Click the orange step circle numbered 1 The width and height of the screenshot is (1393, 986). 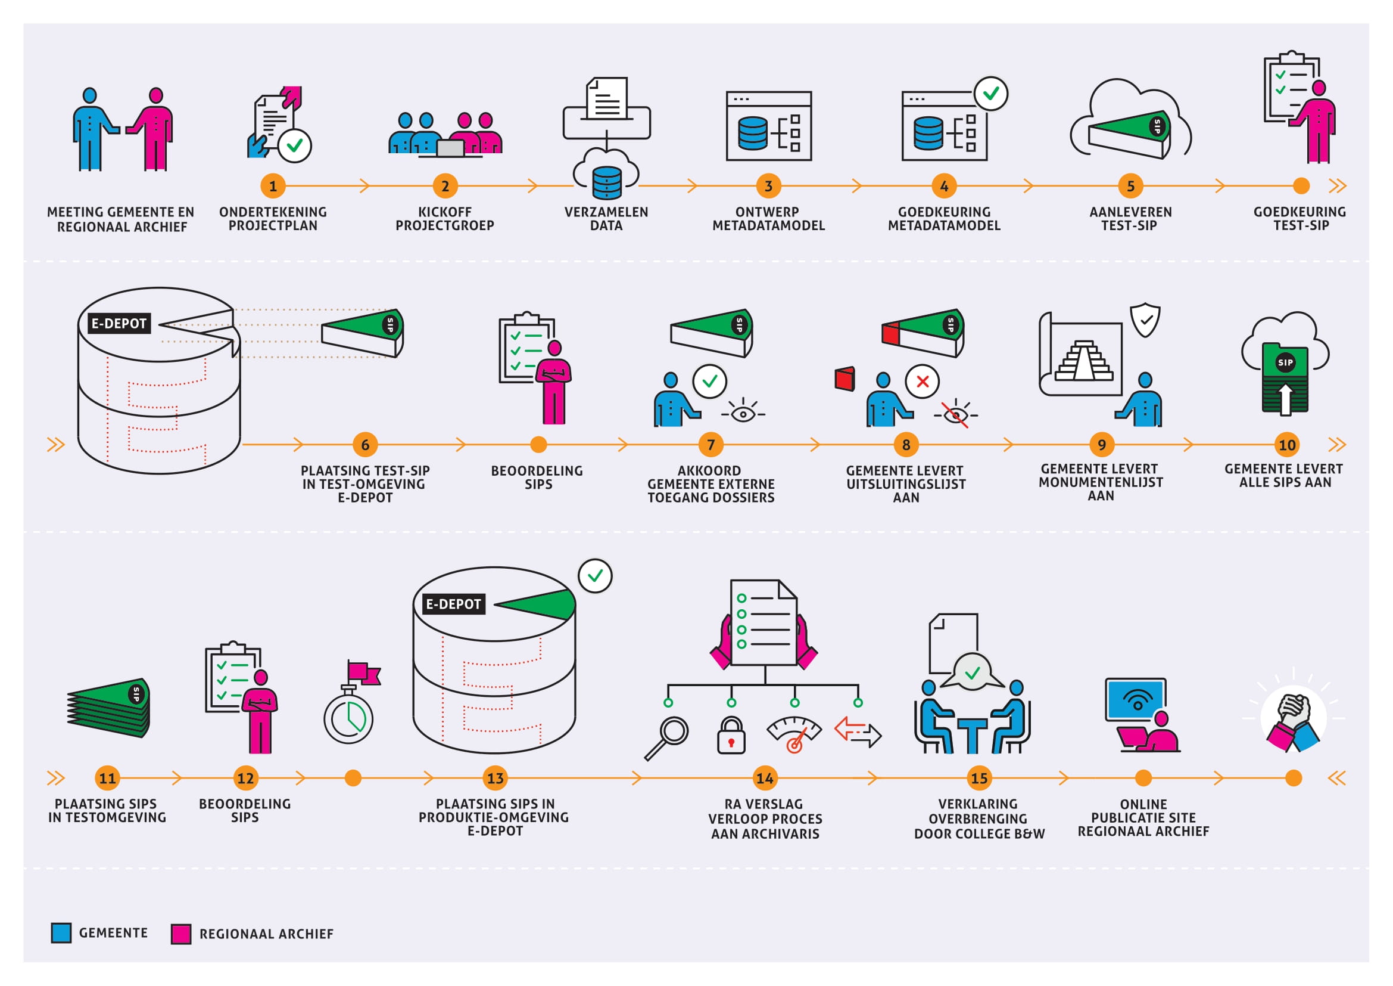[x=273, y=186]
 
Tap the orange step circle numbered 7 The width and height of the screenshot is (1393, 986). [x=711, y=445]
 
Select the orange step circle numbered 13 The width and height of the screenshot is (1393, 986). [x=495, y=778]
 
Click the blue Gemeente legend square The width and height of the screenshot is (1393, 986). [x=61, y=932]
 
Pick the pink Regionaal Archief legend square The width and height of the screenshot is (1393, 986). [x=181, y=934]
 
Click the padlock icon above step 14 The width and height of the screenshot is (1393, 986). [x=731, y=735]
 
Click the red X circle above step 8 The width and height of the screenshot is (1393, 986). [x=922, y=382]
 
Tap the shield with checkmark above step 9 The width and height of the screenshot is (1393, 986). [x=1145, y=320]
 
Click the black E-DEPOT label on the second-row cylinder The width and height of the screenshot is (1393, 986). [x=119, y=323]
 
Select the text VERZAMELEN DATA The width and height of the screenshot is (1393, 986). [x=606, y=219]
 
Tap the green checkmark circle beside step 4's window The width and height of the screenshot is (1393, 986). [x=991, y=94]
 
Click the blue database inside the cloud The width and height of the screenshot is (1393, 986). [x=607, y=182]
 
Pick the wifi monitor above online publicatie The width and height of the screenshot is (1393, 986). [x=1136, y=699]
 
